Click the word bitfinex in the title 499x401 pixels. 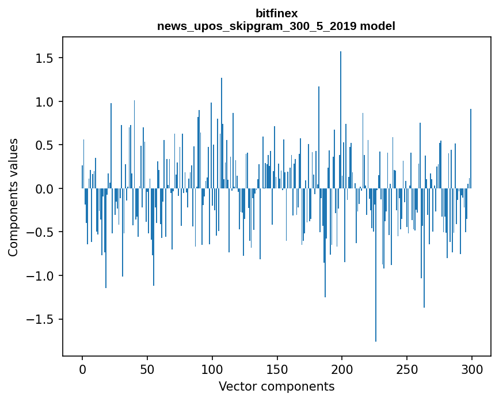276,13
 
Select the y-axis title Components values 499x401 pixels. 13,197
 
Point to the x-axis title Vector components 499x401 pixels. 276,386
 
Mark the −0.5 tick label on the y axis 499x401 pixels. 40,232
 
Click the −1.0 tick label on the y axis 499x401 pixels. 40,276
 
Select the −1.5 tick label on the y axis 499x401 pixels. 40,319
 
